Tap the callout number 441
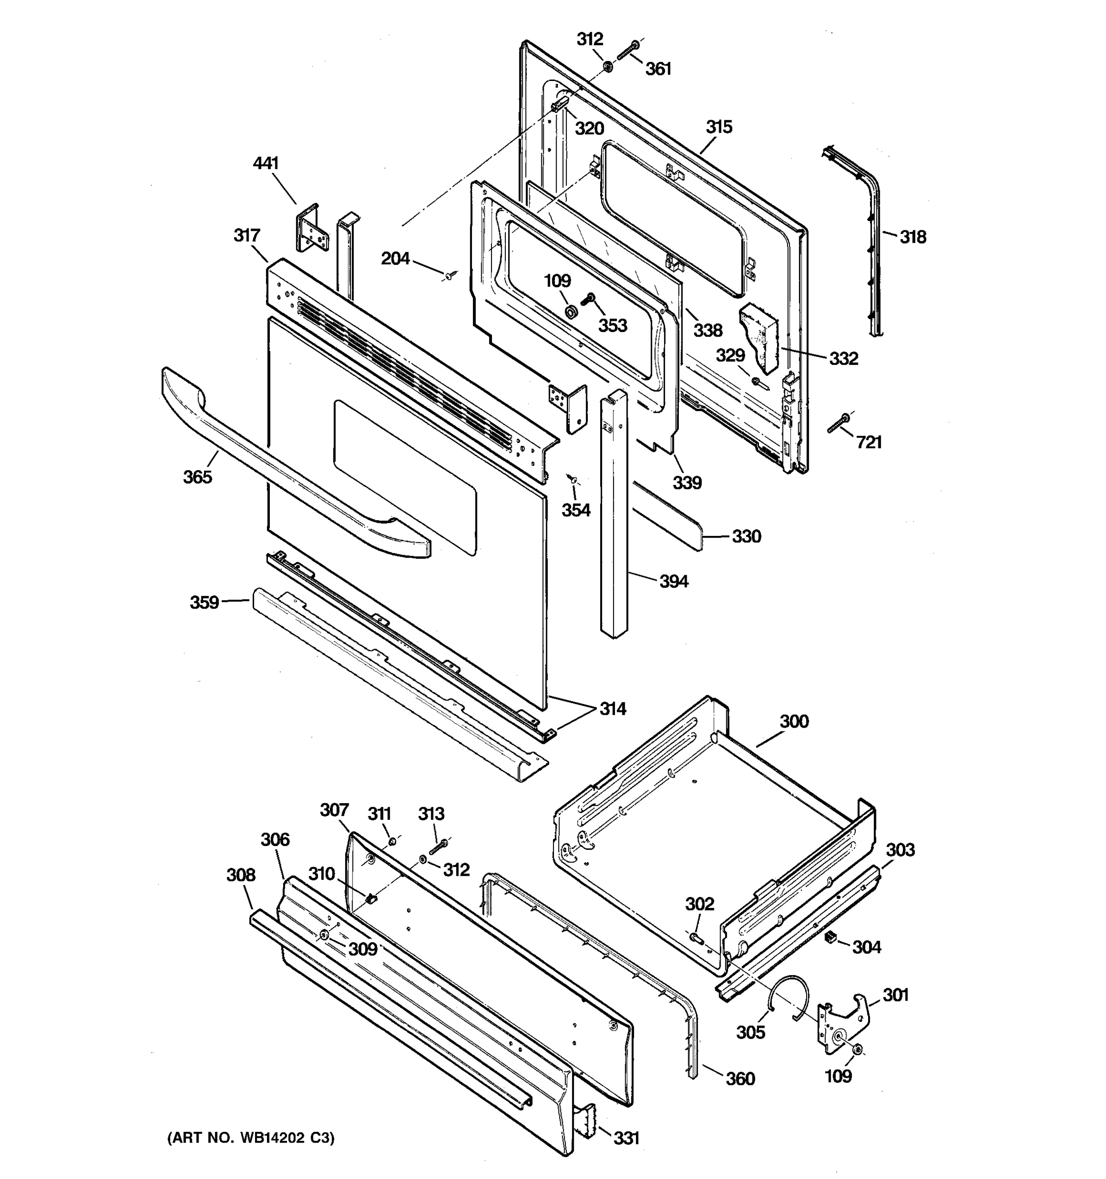pyautogui.click(x=266, y=163)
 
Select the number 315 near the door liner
pyautogui.click(x=719, y=127)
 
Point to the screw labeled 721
pyautogui.click(x=839, y=423)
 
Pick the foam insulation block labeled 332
pyautogui.click(x=760, y=338)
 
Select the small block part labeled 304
pyautogui.click(x=831, y=936)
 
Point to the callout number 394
pyautogui.click(x=673, y=581)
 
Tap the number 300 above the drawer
pyautogui.click(x=794, y=721)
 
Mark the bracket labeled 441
pyautogui.click(x=311, y=228)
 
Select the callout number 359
pyautogui.click(x=204, y=603)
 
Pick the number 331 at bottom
pyautogui.click(x=626, y=1137)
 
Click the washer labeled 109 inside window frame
pyautogui.click(x=571, y=311)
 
